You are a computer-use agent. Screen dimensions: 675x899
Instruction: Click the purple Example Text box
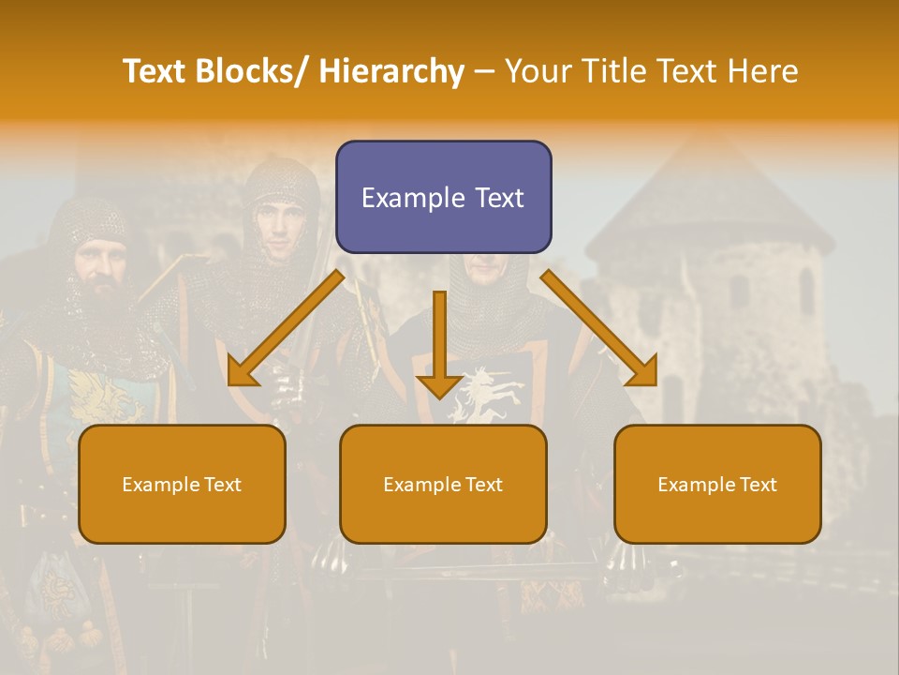point(443,197)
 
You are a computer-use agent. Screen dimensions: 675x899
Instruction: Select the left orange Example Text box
point(182,484)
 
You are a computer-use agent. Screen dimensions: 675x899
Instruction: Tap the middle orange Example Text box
point(443,484)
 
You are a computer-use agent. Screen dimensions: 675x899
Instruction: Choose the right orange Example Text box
point(717,484)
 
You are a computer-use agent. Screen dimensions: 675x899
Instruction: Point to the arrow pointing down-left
point(286,328)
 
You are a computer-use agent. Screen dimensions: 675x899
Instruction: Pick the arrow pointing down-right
point(599,328)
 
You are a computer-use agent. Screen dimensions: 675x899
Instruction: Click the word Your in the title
point(538,71)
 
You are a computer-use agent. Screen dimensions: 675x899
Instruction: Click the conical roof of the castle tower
point(707,197)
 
